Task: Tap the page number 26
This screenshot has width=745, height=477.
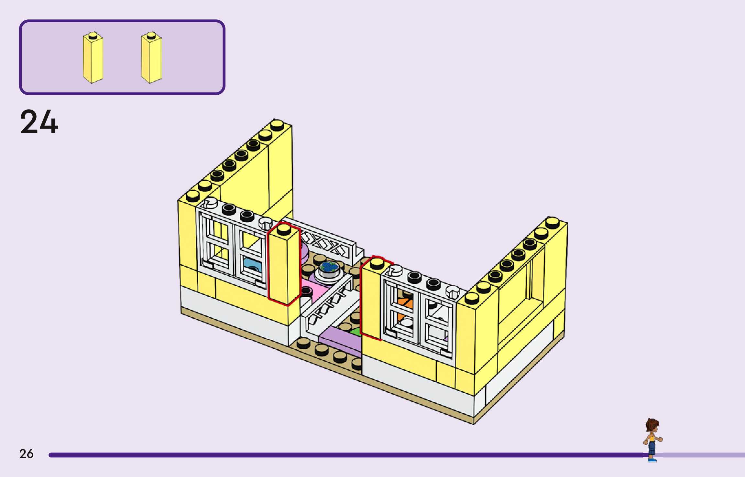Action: [x=26, y=454]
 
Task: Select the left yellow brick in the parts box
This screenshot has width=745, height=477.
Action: [x=93, y=58]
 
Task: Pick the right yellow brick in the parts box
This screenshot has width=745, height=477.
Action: [x=151, y=58]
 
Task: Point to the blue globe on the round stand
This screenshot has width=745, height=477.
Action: [x=329, y=267]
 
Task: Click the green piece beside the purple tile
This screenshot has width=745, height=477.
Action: [x=356, y=332]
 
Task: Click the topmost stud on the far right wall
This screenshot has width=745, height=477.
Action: [x=552, y=222]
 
